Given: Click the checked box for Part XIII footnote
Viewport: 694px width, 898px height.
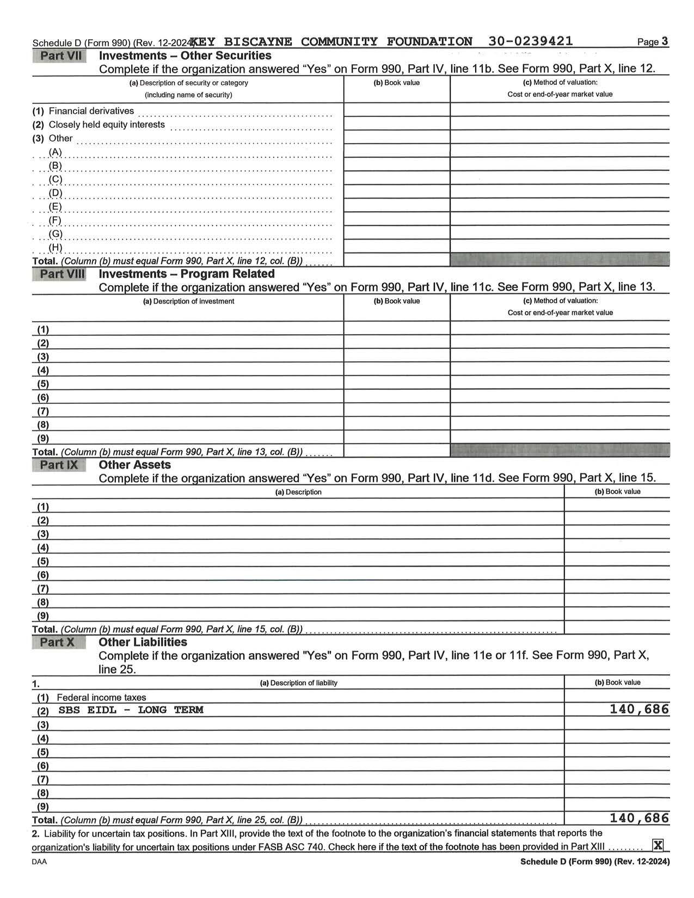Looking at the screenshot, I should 658,845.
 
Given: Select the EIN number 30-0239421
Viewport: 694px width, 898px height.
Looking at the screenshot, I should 530,41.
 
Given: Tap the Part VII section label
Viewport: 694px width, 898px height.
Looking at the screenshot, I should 60,56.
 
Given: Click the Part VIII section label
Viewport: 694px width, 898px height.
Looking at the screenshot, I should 62,274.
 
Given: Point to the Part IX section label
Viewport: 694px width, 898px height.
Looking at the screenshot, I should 59,465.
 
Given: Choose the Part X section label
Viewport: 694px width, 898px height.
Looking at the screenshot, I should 57,642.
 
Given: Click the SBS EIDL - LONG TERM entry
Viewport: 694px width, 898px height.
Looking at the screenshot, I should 131,710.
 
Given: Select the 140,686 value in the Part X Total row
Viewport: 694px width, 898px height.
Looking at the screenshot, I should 639,818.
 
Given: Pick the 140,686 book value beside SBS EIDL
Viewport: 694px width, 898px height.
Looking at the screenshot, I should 639,709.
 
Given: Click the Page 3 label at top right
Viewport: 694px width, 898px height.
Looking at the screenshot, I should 653,42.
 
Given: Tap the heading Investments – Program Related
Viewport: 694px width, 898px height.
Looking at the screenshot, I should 187,274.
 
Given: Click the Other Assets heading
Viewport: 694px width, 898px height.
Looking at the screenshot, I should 134,465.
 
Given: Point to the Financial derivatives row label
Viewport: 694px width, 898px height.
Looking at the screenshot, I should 91,111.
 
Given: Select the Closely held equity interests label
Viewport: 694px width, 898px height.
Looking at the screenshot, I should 107,125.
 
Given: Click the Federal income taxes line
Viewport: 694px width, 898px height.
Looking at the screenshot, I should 101,697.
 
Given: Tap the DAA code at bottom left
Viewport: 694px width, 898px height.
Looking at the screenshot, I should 39,862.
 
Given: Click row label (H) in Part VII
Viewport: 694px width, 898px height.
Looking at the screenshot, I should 56,248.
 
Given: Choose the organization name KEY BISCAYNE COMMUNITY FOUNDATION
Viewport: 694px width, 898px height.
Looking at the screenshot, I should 332,41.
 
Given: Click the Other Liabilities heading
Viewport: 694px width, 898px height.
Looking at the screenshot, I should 143,642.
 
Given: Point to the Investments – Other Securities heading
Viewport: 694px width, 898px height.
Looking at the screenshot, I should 185,56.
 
